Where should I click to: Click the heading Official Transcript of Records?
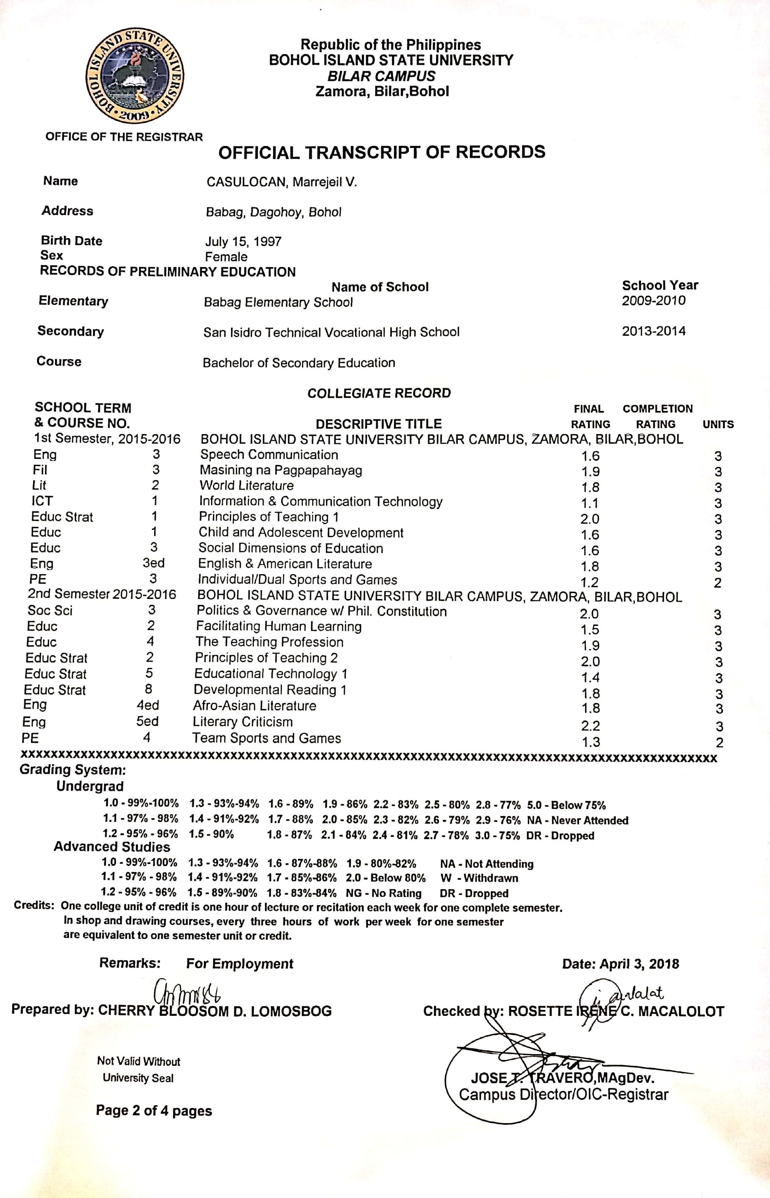[382, 153]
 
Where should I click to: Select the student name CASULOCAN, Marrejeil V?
[282, 182]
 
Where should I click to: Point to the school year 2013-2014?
[653, 331]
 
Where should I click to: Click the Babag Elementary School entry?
[278, 303]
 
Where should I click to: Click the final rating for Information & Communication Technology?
[590, 503]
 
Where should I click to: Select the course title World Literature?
[247, 485]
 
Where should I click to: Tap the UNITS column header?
[718, 424]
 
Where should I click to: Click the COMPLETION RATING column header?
[657, 416]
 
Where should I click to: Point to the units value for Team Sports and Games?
[719, 743]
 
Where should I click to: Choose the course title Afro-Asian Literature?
[255, 706]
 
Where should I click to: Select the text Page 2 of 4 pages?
[154, 1111]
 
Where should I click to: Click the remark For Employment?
[239, 964]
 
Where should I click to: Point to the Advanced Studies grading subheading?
[112, 847]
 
